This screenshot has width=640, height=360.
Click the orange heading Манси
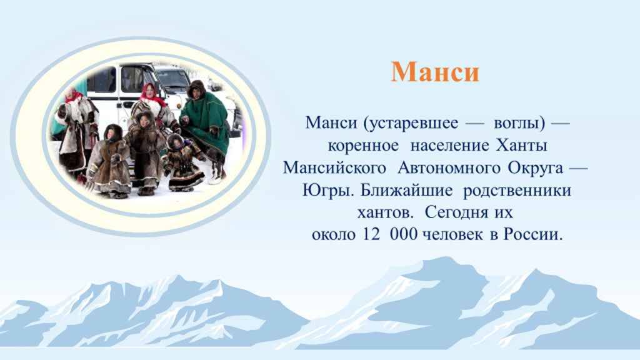click(435, 72)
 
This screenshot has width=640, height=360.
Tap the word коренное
click(363, 145)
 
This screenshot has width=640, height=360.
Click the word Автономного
click(449, 167)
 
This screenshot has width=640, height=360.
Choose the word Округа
click(536, 167)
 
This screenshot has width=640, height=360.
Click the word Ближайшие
click(406, 191)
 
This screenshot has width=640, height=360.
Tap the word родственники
click(517, 191)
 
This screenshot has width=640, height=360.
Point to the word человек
click(452, 235)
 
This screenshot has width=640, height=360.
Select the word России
click(532, 235)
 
